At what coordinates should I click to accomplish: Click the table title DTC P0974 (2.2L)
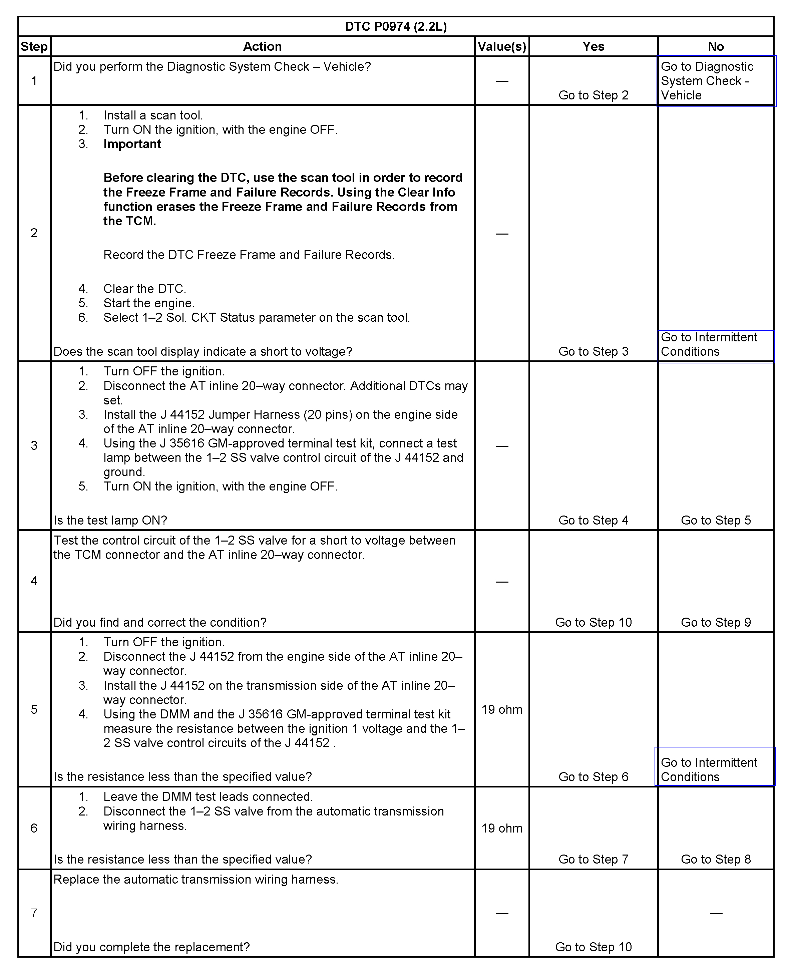point(395,26)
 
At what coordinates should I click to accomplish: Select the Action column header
point(262,46)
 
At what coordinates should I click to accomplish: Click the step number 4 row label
point(34,581)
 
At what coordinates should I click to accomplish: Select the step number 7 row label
point(34,913)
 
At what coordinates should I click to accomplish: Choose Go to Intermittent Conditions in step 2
point(709,345)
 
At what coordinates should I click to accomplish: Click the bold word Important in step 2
point(132,144)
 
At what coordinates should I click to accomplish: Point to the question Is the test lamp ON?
point(110,520)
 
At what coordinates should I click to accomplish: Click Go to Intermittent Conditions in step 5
point(709,770)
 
